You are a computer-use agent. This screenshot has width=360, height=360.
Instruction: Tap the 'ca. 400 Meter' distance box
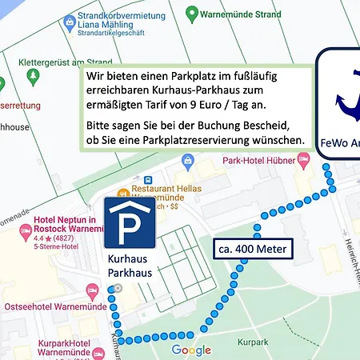click(x=252, y=249)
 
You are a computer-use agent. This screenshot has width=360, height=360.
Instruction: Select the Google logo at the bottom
click(x=191, y=350)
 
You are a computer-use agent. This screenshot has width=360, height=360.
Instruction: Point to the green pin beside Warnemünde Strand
click(x=191, y=14)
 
